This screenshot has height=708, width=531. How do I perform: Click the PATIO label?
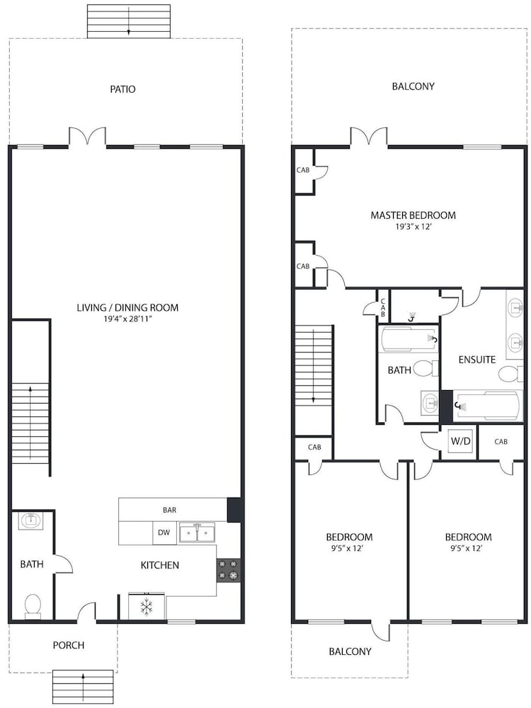point(122,89)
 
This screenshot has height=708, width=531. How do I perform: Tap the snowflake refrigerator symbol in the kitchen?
point(147,607)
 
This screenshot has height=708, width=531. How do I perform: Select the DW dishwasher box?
point(164,533)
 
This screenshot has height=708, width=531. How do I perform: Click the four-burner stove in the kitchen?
point(228,570)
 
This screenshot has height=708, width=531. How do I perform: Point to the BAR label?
point(169,510)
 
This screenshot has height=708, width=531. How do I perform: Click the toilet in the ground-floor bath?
point(33,606)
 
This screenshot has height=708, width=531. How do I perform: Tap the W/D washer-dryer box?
point(460,442)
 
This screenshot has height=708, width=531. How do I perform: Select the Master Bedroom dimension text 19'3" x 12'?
point(413,227)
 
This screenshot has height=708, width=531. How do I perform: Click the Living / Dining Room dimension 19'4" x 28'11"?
point(127,319)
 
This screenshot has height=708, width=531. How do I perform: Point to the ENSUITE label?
point(476,360)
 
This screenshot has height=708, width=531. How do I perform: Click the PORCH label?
point(69,645)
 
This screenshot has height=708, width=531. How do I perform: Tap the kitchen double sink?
point(197,533)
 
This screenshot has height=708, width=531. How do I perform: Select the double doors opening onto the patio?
point(87,137)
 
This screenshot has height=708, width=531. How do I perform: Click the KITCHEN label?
point(160,565)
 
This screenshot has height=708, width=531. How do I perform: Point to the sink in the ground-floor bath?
point(31,520)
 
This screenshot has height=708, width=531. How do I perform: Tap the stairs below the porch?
point(83,687)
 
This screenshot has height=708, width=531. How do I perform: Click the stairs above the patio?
point(129,21)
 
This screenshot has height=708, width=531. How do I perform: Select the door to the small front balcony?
point(381,632)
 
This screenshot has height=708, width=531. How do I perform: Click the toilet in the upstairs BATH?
point(426,368)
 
